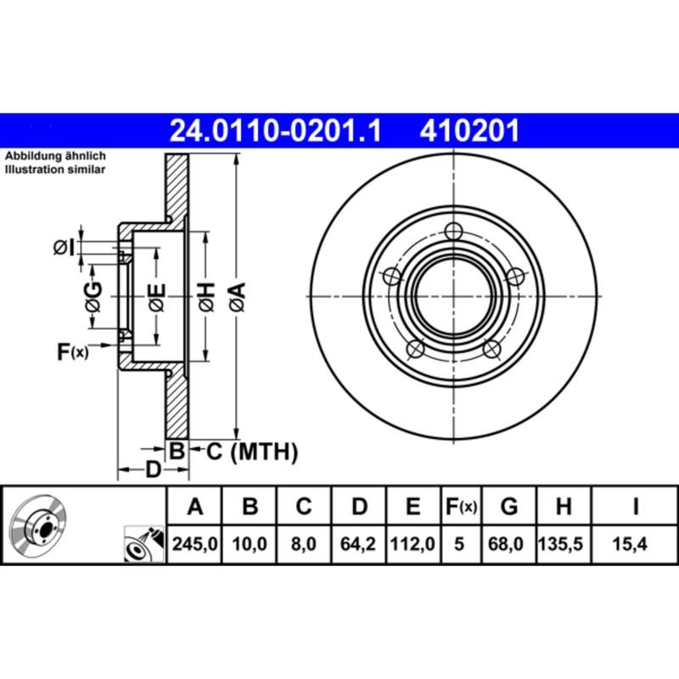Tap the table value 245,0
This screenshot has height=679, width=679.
[x=195, y=544]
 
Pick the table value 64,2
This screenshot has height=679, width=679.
[x=359, y=544]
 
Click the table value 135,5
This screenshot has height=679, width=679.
[x=562, y=544]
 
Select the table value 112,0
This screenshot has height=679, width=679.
[x=412, y=544]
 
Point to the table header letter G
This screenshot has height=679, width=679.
[x=509, y=508]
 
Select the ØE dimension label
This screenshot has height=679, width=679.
[x=156, y=296]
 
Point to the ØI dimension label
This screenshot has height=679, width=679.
[x=64, y=247]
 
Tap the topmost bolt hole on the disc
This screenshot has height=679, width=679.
[x=454, y=230]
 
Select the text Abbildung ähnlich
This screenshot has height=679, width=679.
[x=55, y=157]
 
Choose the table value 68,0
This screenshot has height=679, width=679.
[x=509, y=544]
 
